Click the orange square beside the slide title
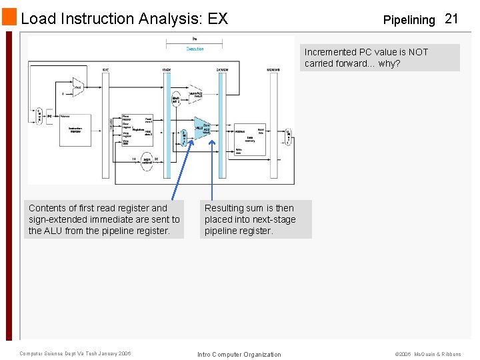click(x=9, y=18)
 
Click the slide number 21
click(x=451, y=19)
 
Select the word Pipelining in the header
click(x=409, y=20)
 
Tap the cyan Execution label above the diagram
click(x=195, y=49)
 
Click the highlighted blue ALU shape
click(x=201, y=127)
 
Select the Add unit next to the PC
click(x=78, y=87)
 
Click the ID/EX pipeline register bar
click(x=167, y=123)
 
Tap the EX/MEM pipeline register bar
click(x=222, y=123)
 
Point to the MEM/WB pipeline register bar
click(x=273, y=123)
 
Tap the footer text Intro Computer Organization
click(x=239, y=354)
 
